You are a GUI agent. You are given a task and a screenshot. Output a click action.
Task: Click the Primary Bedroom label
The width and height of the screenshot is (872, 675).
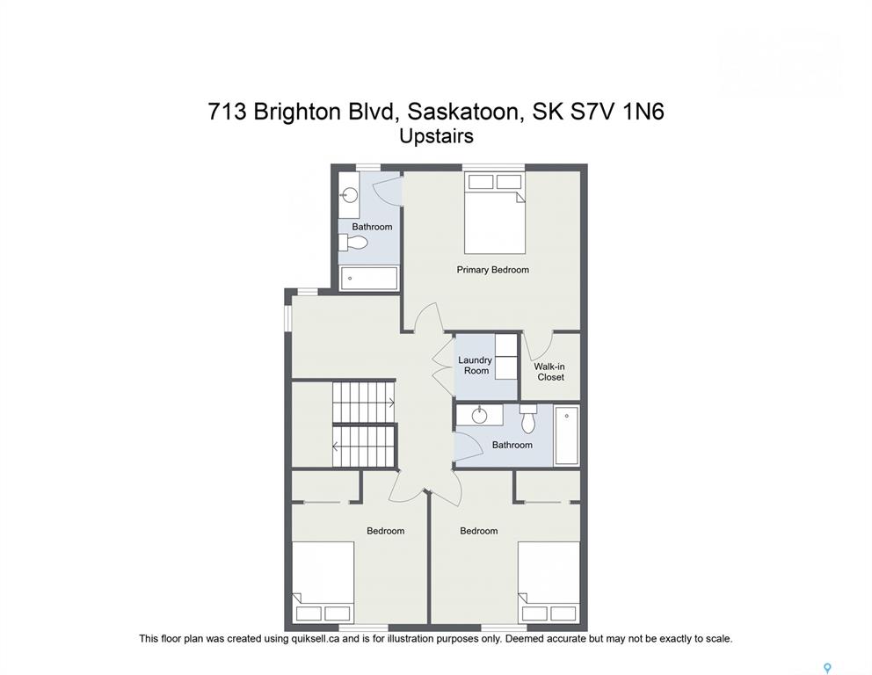pyautogui.click(x=493, y=270)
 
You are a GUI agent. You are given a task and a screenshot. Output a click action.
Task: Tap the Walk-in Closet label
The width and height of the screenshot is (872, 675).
pyautogui.click(x=550, y=372)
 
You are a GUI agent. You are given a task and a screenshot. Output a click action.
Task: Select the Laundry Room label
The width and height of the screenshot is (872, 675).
pyautogui.click(x=476, y=366)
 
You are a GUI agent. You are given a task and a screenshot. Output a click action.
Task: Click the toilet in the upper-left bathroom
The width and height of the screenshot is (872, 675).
pyautogui.click(x=353, y=243)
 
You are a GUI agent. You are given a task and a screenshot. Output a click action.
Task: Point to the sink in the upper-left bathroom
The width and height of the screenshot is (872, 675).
pyautogui.click(x=350, y=194)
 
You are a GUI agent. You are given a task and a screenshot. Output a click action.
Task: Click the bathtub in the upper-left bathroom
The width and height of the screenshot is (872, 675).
pyautogui.click(x=369, y=278)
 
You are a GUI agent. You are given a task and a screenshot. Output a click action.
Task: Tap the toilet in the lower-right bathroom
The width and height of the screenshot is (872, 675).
pyautogui.click(x=528, y=418)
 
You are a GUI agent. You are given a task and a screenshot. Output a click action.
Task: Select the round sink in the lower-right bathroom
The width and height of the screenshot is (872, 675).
pyautogui.click(x=479, y=415)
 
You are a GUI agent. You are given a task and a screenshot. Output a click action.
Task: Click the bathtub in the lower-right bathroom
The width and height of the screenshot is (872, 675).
pyautogui.click(x=567, y=435)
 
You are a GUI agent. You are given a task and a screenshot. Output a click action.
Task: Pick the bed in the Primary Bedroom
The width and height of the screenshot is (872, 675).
pyautogui.click(x=495, y=213)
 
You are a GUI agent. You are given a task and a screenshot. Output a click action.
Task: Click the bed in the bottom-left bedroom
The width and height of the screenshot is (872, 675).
pyautogui.click(x=323, y=582)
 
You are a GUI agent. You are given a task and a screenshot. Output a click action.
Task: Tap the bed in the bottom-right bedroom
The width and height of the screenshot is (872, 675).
pyautogui.click(x=549, y=582)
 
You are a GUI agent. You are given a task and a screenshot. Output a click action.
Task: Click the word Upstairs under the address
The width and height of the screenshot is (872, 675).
pyautogui.click(x=437, y=136)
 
